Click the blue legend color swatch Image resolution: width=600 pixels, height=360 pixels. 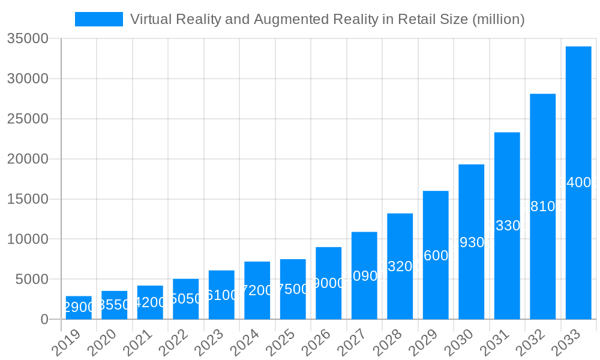click(x=99, y=19)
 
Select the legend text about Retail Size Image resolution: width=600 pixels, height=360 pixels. click(x=327, y=19)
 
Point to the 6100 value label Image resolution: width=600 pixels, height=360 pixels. click(x=221, y=296)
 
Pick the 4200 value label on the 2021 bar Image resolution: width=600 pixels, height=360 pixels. click(x=150, y=302)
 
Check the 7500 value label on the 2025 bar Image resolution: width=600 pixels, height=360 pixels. click(x=293, y=289)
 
